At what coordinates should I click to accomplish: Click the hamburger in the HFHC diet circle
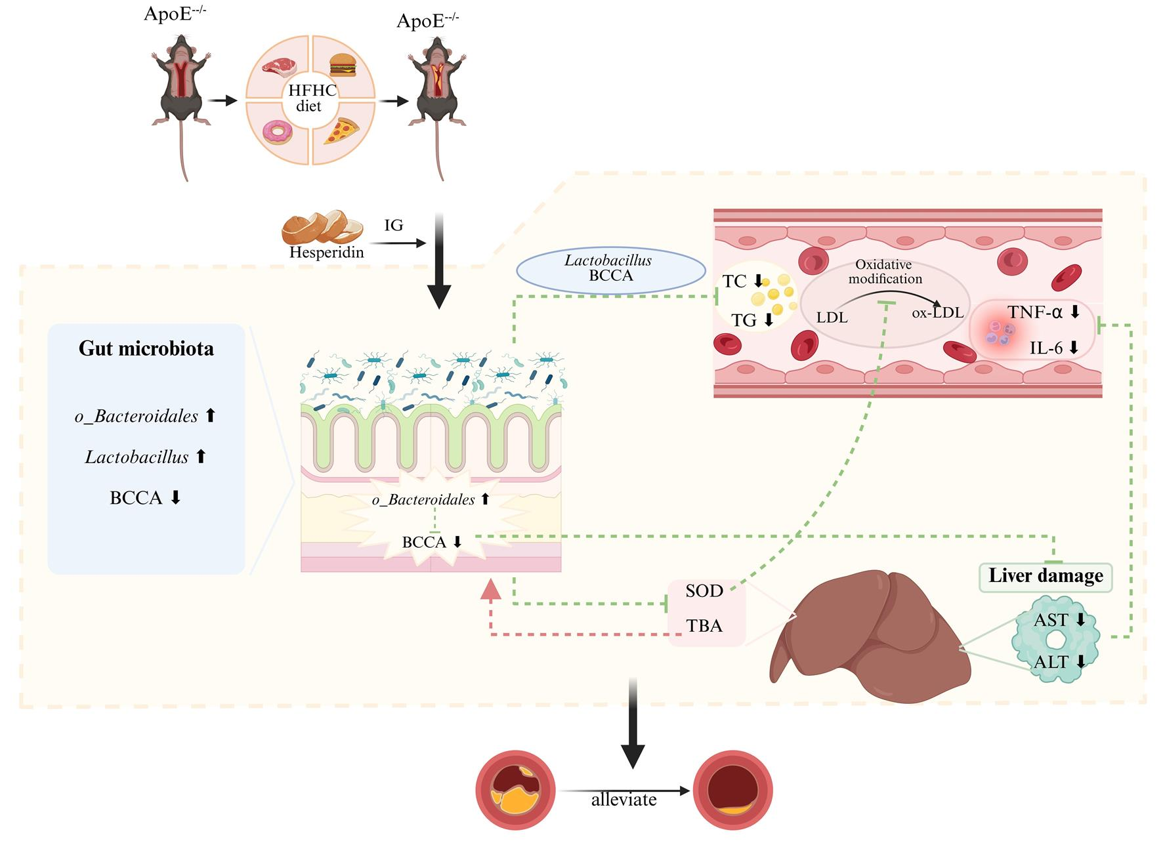(342, 64)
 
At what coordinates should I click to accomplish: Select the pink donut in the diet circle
(277, 133)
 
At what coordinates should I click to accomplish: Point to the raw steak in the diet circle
(279, 67)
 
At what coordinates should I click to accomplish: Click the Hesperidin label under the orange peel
(327, 252)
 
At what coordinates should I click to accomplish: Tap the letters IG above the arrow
(394, 225)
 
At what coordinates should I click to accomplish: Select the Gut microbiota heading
(146, 348)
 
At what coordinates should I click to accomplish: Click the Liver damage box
(1046, 577)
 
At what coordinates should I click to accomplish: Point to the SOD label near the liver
(704, 591)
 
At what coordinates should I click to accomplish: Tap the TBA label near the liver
(704, 626)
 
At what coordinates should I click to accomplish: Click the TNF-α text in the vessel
(1035, 312)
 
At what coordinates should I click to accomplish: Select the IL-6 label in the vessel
(1046, 348)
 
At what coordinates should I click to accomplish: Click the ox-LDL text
(938, 312)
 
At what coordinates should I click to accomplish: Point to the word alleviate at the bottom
(624, 800)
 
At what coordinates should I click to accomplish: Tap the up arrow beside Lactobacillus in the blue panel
(201, 456)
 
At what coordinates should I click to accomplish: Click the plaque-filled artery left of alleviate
(516, 791)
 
